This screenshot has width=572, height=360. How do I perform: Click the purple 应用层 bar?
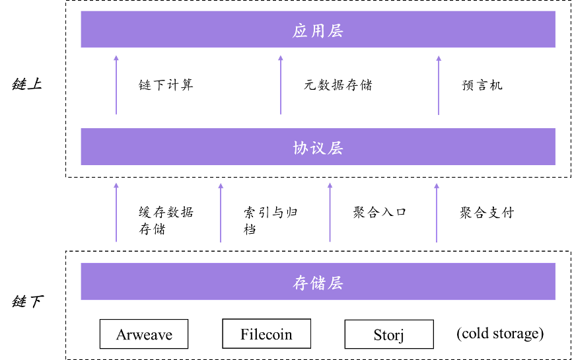(318, 29)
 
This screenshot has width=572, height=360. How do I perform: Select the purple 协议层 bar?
(318, 147)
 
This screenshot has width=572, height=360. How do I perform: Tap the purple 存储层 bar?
(318, 281)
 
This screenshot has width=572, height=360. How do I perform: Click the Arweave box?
(144, 334)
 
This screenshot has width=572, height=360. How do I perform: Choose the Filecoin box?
(267, 334)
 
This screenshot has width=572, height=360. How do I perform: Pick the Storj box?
(389, 334)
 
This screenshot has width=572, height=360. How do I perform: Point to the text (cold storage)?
(500, 334)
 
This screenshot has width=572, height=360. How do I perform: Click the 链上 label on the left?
(27, 85)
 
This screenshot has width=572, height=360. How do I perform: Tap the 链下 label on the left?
(28, 302)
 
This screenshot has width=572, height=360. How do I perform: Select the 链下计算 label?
(166, 85)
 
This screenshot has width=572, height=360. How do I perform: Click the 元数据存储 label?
(338, 85)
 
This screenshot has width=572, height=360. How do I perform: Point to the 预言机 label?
(482, 85)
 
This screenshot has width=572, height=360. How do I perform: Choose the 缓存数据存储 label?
(166, 221)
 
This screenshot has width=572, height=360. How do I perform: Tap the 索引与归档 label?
(271, 221)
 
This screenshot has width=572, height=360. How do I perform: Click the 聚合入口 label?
(380, 212)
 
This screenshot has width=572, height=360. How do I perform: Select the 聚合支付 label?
(487, 213)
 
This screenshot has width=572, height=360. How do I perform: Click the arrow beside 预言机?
(439, 85)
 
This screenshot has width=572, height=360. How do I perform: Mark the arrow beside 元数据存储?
(281, 85)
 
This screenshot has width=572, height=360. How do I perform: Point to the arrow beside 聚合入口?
(330, 212)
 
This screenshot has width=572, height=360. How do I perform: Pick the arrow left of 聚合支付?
(437, 213)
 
